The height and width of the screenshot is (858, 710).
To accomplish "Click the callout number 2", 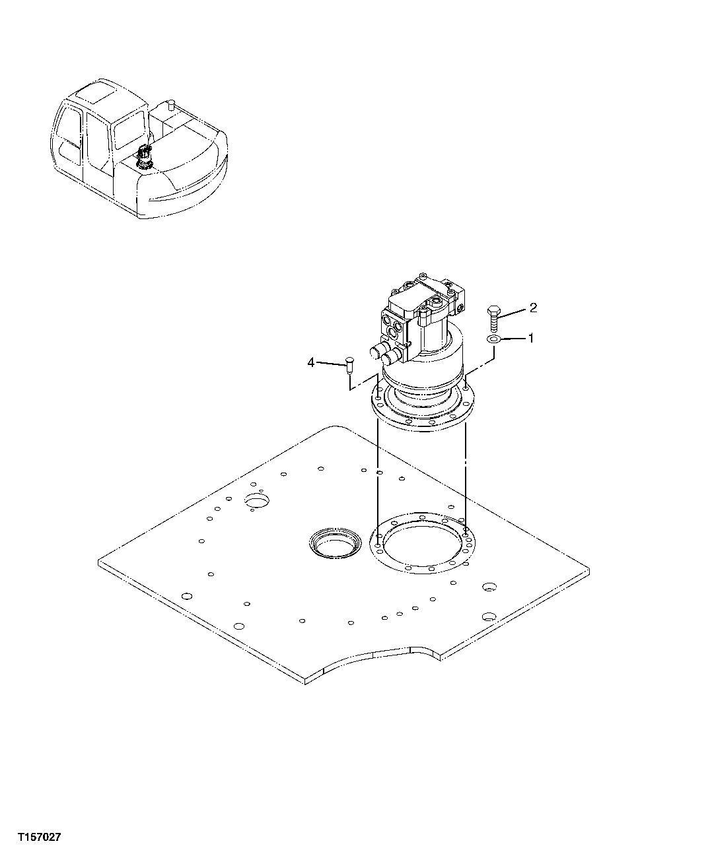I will [533, 308].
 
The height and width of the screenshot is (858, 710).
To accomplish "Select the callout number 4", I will [310, 362].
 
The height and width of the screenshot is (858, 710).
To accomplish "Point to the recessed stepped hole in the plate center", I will [336, 543].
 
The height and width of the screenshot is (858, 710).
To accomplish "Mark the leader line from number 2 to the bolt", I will [513, 312].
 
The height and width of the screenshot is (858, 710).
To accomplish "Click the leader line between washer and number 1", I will [513, 339].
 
